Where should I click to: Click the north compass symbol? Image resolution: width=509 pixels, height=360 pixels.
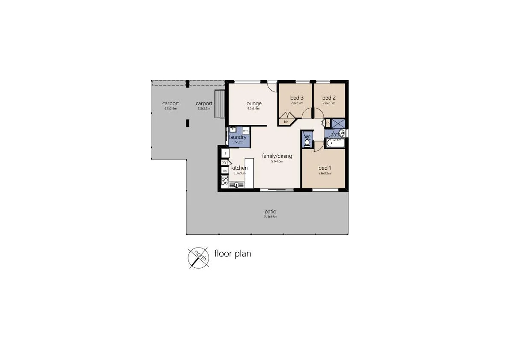(199, 258)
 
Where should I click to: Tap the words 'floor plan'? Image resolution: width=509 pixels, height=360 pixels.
(232, 254)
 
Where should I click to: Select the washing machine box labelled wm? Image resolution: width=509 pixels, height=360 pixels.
(246, 130)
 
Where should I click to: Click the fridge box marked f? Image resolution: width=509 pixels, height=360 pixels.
(226, 153)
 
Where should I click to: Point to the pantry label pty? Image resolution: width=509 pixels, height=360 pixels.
(224, 162)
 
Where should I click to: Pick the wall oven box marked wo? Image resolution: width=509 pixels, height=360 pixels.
(224, 171)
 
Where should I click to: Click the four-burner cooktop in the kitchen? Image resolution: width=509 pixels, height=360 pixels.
(224, 180)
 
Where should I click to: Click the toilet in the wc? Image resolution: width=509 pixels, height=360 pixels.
(307, 143)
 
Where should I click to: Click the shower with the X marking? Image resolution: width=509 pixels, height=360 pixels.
(338, 123)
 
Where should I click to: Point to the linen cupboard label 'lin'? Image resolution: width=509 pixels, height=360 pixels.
(328, 123)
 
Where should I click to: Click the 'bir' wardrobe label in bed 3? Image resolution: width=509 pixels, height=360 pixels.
(286, 122)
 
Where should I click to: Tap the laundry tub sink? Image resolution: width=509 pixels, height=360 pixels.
(233, 130)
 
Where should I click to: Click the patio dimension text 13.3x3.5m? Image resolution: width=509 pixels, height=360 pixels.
(270, 217)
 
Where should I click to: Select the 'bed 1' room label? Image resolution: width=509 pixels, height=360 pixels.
(325, 168)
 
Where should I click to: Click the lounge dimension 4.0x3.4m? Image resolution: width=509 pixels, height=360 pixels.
(253, 109)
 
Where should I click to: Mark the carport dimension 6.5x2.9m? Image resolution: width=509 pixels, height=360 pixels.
(171, 109)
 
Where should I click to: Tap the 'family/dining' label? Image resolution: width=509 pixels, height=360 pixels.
(277, 156)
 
